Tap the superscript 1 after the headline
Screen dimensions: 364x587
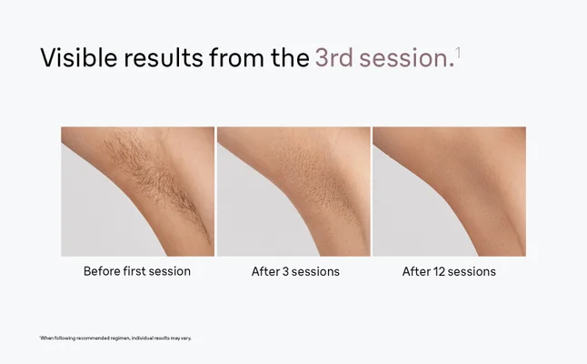(458, 51)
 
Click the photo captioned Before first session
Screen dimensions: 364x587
(137, 191)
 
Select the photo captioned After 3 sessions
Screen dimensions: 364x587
(293, 191)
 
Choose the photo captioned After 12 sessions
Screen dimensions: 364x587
(449, 191)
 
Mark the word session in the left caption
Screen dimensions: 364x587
(172, 271)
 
